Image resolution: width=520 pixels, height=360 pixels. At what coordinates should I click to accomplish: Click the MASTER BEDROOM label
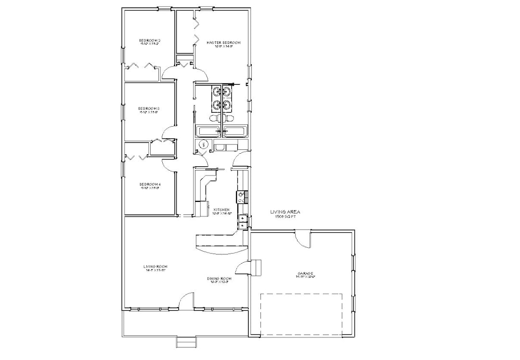(x=223, y=43)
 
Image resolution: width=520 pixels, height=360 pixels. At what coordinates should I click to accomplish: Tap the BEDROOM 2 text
(x=149, y=40)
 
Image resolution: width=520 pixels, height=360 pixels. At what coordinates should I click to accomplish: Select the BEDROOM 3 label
(x=149, y=108)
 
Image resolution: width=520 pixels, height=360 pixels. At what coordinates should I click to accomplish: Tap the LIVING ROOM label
(x=155, y=267)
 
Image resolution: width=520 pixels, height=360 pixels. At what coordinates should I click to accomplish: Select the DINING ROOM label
(x=219, y=279)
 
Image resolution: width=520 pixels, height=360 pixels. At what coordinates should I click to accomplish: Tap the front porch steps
(x=186, y=342)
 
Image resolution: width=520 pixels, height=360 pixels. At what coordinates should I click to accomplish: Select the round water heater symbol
(x=204, y=144)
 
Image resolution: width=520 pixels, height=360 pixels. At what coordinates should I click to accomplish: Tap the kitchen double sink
(x=242, y=222)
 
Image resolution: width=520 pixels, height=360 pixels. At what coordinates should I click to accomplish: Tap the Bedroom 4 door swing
(x=169, y=164)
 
